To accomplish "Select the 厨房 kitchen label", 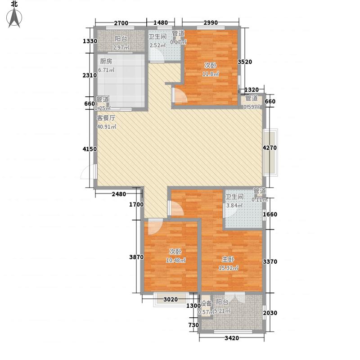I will point(106,62).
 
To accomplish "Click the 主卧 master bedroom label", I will point(227,260).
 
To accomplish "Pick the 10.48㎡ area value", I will point(177,261).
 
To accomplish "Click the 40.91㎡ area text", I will point(107,127).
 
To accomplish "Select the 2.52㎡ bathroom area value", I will point(156,45).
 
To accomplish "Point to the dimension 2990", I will point(210,23).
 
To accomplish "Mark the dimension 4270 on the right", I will point(270,148).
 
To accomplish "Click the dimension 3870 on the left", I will point(136,257).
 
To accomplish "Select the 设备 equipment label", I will point(206,303).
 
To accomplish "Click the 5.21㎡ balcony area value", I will point(223,311).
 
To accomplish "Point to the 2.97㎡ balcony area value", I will point(121,48).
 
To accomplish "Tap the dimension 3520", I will point(244,62).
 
